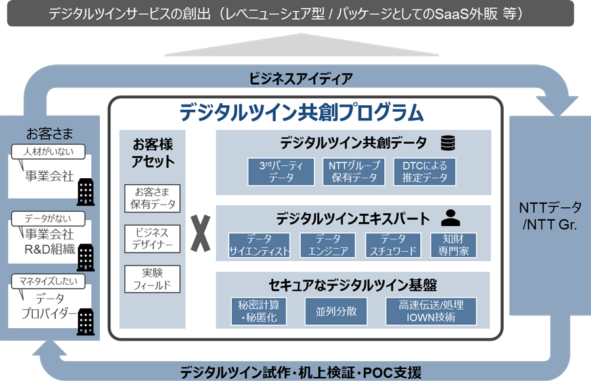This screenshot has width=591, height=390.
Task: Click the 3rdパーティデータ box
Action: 282,172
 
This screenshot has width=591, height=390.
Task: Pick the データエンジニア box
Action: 328,245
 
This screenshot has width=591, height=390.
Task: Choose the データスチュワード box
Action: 393,245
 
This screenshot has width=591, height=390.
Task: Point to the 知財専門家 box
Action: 454,245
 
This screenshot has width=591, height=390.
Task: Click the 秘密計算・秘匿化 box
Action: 259,311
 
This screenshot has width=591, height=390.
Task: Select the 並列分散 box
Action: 332,311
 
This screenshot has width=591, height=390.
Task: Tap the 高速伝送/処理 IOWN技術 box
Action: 431,311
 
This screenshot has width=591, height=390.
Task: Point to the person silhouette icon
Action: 450,218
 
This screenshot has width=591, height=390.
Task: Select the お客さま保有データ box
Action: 152,198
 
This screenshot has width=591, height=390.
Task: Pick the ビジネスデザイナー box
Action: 152,239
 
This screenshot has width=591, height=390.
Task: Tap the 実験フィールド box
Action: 152,279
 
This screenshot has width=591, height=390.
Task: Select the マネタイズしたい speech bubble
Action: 49,281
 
